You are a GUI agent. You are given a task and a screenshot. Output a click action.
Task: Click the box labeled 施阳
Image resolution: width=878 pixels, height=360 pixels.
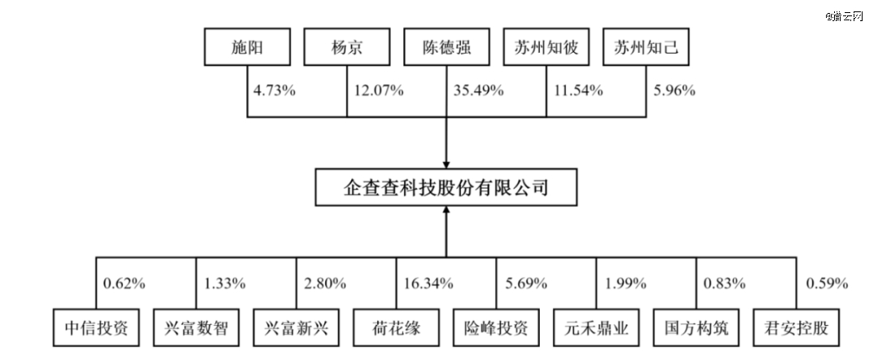tap(247, 49)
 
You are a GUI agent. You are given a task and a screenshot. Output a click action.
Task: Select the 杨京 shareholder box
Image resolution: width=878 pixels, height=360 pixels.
tap(347, 49)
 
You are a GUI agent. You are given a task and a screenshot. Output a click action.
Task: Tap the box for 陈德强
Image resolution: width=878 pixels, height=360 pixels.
tap(447, 49)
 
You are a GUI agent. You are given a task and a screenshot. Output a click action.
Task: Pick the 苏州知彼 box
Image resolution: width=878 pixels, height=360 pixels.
tap(546, 49)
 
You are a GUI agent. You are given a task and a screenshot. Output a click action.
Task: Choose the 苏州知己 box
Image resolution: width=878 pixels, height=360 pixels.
tap(646, 49)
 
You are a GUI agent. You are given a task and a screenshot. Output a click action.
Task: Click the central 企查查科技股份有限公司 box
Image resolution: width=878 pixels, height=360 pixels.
tap(447, 189)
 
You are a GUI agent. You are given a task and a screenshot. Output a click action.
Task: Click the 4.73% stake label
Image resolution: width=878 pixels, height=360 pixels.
tap(275, 90)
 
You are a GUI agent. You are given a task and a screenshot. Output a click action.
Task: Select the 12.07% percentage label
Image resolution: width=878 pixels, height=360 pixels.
tap(377, 90)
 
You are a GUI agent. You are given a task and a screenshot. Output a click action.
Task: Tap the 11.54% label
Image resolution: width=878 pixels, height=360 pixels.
tap(578, 90)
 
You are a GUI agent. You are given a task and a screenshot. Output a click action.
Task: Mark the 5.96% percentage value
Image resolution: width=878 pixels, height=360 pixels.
tap(675, 90)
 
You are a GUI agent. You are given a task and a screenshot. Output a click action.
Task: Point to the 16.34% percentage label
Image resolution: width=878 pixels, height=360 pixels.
tap(428, 284)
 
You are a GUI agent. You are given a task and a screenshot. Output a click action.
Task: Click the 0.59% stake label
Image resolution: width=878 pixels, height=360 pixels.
tap(826, 284)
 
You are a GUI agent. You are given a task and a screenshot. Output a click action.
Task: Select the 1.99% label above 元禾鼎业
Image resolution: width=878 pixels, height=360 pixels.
tap(626, 284)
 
